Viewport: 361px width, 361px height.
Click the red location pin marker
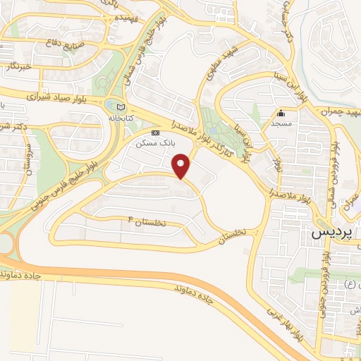pos(182,166)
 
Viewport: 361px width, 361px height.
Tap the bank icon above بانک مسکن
pos(156,133)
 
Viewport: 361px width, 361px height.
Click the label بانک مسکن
pos(158,143)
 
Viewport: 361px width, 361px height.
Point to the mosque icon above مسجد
pos(281,113)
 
